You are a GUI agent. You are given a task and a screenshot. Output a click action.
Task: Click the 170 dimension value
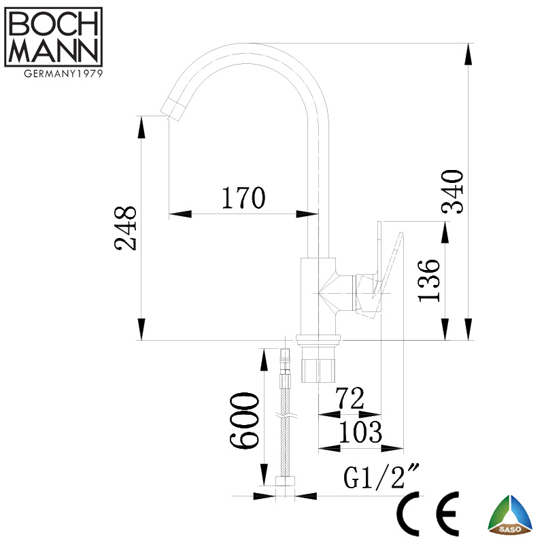242,198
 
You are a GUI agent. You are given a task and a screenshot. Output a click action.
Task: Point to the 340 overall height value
454,191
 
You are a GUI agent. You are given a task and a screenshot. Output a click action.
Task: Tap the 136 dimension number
430,281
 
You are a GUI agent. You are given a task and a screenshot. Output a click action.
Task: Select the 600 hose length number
244,420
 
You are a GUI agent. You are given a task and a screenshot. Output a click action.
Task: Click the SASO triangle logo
511,515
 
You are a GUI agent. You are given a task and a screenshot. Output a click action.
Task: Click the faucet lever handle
388,265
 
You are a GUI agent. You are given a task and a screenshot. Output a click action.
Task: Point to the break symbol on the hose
284,415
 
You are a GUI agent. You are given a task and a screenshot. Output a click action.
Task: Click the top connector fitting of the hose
286,360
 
